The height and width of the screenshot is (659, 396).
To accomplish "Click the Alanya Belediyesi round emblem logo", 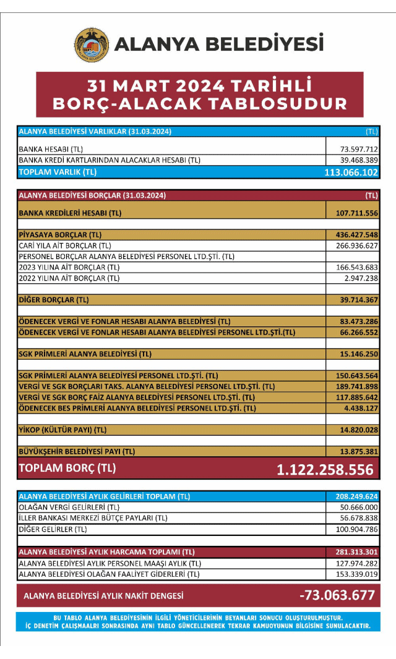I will [92, 45].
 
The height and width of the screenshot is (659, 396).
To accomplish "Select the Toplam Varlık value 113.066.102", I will [351, 172].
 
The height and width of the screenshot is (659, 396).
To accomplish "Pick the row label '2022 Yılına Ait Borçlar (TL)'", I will [69, 278].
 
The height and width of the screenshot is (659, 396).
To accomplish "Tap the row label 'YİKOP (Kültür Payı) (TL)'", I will [62, 430].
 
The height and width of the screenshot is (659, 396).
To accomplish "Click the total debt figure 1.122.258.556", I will [325, 469].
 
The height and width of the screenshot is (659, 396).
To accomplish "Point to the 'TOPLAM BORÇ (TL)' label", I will [67, 468].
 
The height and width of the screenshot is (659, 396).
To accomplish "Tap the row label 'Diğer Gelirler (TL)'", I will [53, 529].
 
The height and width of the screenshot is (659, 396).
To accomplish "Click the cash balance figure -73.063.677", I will [337, 595].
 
